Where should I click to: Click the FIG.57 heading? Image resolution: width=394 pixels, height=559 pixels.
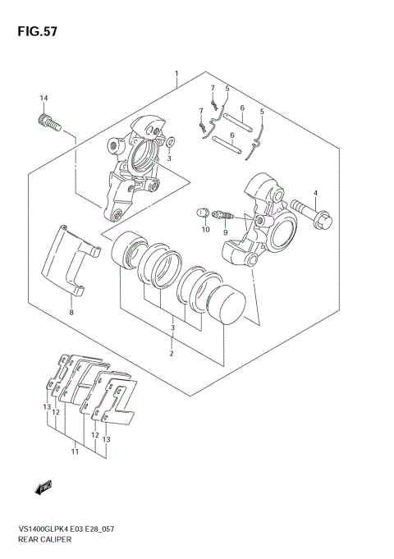tap(37, 31)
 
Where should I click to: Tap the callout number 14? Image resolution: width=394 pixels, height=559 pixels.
tap(44, 98)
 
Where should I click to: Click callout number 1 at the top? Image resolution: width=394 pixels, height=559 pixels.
tap(176, 74)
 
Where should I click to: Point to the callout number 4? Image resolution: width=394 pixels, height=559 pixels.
tap(315, 193)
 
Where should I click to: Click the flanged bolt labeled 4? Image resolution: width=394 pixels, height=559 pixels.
tap(311, 215)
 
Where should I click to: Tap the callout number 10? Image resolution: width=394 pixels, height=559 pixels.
tap(206, 230)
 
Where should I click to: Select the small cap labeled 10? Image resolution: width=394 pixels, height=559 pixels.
tap(203, 213)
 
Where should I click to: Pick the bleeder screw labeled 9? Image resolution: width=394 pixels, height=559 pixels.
tap(222, 215)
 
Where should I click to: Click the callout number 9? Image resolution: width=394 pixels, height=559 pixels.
tap(226, 232)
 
